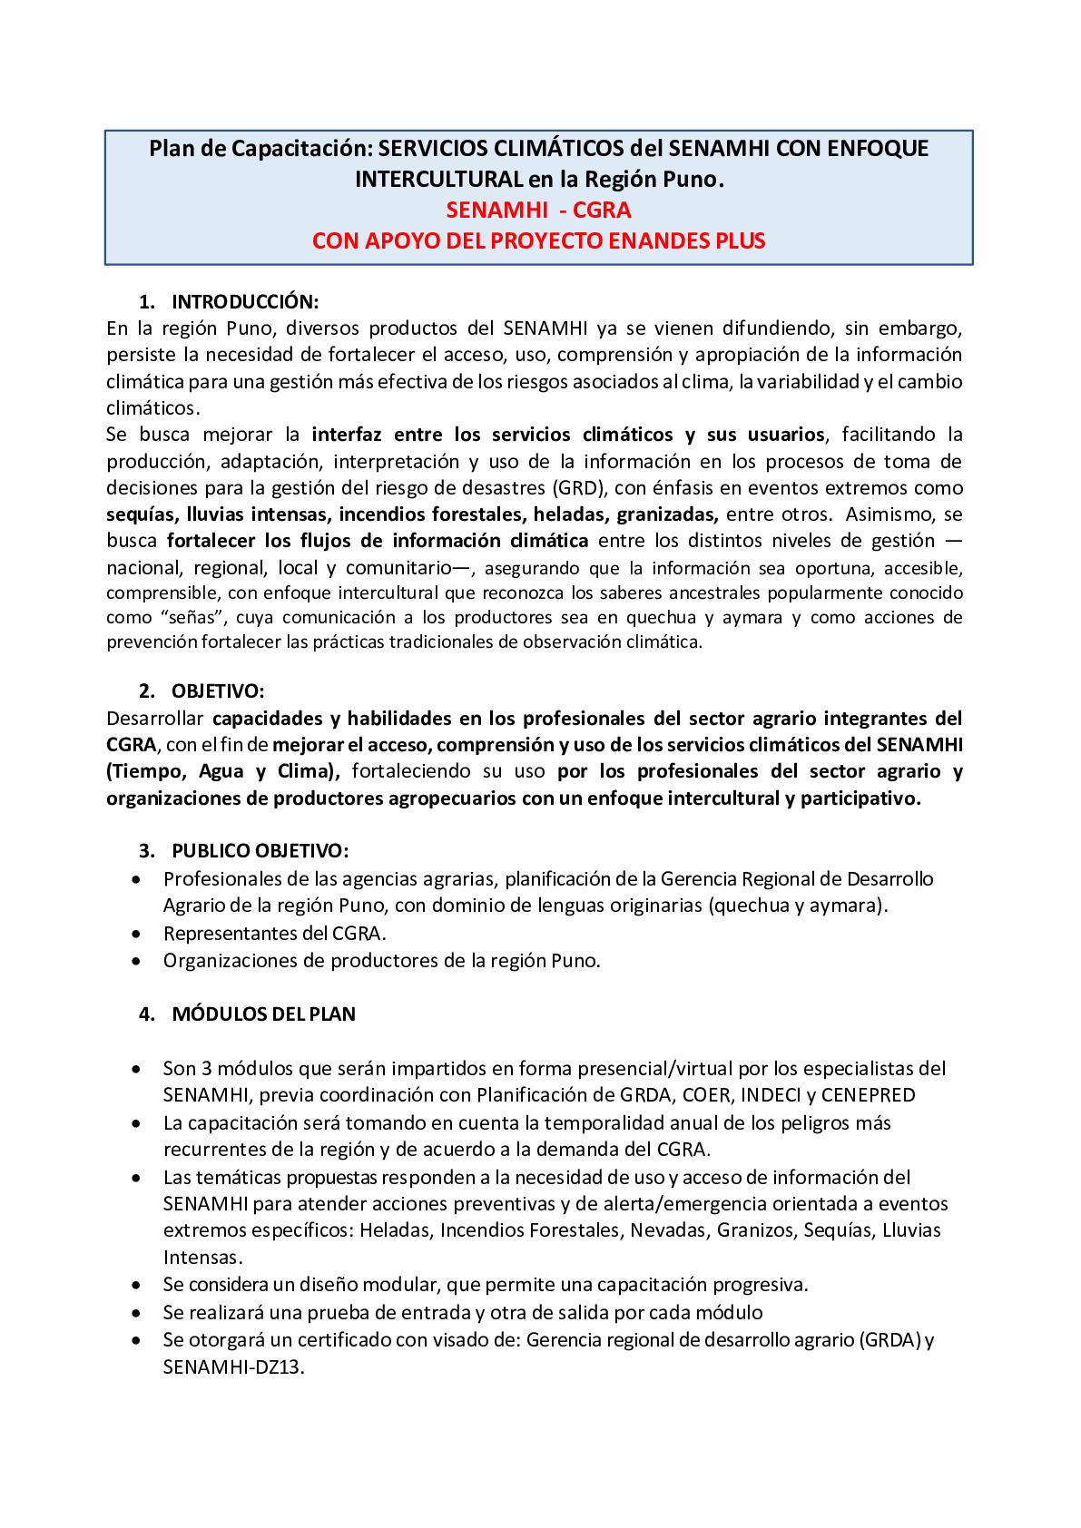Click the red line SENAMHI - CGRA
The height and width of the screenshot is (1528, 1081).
538,210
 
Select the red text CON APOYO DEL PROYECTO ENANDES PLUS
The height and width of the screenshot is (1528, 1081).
538,240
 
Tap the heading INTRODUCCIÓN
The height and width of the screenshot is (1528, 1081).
245,301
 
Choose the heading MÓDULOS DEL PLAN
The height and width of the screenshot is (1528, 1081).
263,1014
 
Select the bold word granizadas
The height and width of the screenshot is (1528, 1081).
667,514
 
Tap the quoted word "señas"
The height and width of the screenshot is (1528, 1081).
192,618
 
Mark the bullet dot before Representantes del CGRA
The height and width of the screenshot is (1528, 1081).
136,934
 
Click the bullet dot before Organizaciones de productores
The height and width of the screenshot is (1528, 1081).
136,961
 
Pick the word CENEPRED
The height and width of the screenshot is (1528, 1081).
868,1095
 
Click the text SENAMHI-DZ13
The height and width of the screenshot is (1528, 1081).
232,1367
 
